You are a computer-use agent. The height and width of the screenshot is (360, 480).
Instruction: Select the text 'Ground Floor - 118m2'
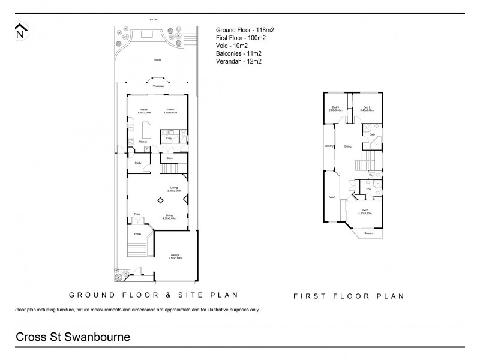click(x=245, y=29)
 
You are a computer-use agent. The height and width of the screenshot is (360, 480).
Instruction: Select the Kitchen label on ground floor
click(x=143, y=142)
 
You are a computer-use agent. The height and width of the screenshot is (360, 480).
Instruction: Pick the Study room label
click(x=137, y=163)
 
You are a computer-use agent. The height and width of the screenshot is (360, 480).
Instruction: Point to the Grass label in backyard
click(x=158, y=59)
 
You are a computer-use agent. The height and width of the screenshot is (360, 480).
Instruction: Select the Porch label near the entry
click(x=137, y=235)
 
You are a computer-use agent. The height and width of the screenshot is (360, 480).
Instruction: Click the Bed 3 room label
click(x=334, y=108)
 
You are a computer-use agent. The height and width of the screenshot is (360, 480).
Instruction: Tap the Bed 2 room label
click(x=367, y=108)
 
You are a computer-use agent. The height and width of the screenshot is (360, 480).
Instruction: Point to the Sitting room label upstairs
click(x=347, y=146)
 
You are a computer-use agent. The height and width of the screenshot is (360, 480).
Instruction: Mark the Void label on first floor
click(x=332, y=196)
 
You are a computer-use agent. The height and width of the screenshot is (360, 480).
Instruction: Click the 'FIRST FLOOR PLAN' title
click(x=348, y=296)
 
